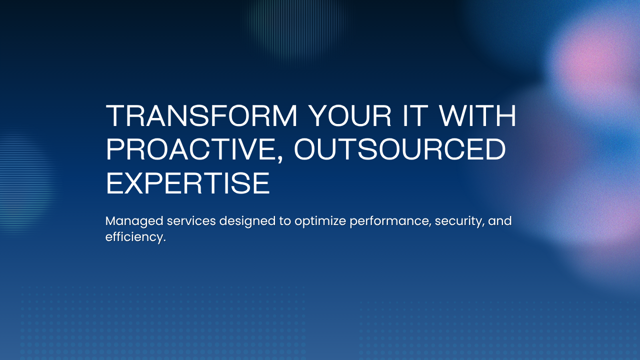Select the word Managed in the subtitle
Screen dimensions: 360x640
click(127, 221)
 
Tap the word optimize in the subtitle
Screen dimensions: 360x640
click(320, 221)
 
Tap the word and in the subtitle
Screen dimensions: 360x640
click(500, 221)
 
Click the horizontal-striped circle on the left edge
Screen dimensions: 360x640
click(22, 175)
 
